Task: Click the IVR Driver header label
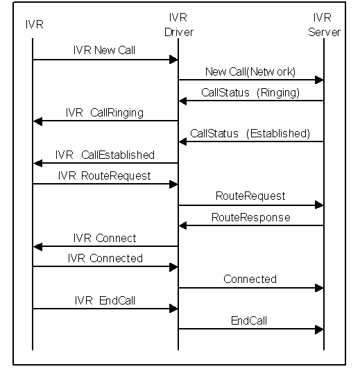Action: point(179,25)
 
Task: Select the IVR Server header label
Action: point(324,25)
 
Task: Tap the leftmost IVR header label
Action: point(35,24)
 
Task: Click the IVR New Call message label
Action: point(104,50)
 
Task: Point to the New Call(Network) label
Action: point(250,71)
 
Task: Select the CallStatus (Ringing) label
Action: point(250,92)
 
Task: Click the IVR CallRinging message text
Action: point(105,113)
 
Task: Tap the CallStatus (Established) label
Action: point(250,133)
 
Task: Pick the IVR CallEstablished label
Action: point(105,155)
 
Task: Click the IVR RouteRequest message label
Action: point(105,176)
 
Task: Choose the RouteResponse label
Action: point(251,218)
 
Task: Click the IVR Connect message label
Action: point(105,238)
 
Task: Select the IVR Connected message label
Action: point(105,258)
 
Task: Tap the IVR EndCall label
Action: point(105,300)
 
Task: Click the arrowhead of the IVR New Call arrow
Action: point(173,60)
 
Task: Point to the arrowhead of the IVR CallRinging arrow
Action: point(38,121)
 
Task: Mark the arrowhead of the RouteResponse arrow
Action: point(183,225)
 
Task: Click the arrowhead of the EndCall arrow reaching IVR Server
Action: point(319,329)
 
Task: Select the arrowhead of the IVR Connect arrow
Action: point(38,247)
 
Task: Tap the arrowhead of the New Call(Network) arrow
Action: point(319,80)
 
